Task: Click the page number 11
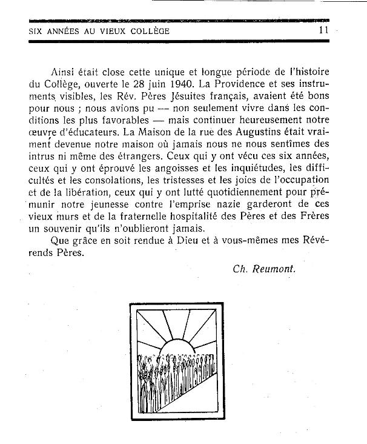click(x=323, y=30)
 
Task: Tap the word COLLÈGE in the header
click(x=147, y=30)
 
